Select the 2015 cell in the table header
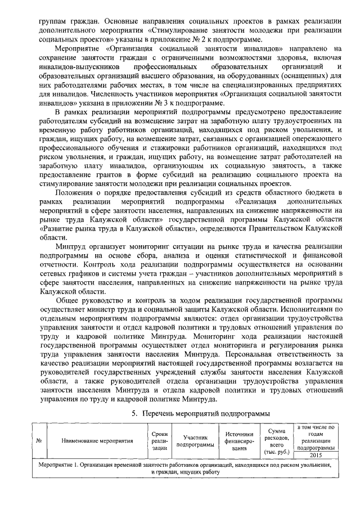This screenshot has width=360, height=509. tap(315, 455)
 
